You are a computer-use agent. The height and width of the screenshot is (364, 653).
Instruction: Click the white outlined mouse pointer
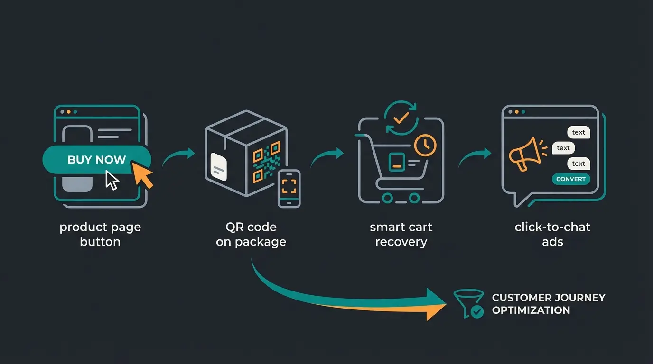tap(112, 181)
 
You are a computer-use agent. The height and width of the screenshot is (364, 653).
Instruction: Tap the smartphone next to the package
tap(289, 188)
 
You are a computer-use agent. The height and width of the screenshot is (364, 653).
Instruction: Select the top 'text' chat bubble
tap(578, 132)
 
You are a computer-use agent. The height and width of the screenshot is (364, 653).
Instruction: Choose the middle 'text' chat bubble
tap(563, 148)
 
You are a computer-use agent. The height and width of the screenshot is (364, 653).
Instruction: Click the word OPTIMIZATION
tap(531, 310)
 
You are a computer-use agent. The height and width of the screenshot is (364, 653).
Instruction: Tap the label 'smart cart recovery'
tap(401, 234)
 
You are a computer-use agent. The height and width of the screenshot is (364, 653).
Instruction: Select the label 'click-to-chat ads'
tap(552, 234)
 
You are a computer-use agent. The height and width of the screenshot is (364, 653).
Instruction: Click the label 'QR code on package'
tap(251, 234)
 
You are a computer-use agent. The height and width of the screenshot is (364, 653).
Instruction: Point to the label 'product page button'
tap(100, 234)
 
